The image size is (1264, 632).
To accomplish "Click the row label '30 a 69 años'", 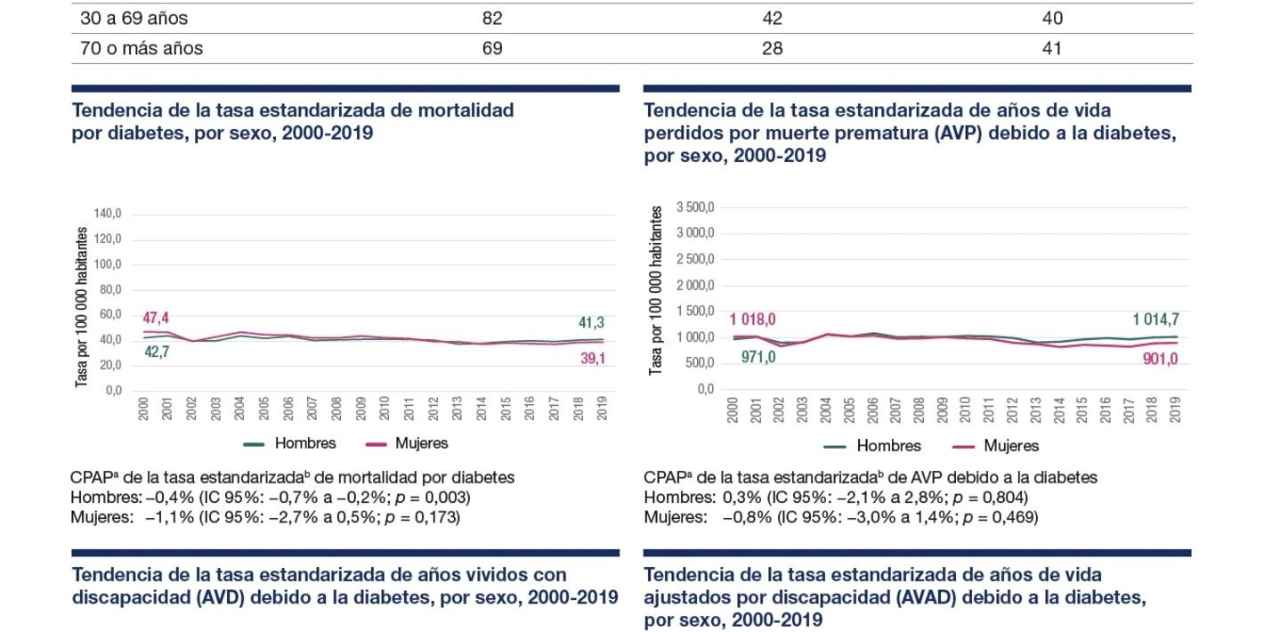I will pos(134,18).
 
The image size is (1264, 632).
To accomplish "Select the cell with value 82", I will pos(491,18).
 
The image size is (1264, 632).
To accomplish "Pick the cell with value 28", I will pos(772,48).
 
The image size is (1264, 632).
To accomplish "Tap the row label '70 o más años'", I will pos(142,48).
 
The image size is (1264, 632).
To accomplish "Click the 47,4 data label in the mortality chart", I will pos(156,318).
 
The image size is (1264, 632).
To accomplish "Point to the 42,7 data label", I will pos(156,352).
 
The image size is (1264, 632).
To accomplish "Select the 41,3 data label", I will pos(591,323).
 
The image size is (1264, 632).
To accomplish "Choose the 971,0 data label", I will pos(758,358).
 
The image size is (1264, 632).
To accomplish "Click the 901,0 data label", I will pos(1161,359).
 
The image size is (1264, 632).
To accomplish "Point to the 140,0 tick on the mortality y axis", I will pos(107,214).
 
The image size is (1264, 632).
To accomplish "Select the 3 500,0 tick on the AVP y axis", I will pos(695,207).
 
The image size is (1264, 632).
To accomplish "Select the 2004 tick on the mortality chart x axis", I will pos(240,409).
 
